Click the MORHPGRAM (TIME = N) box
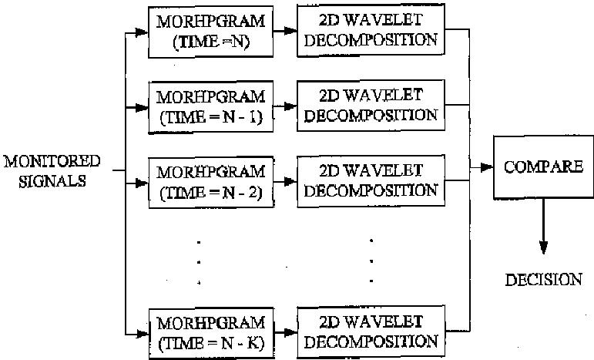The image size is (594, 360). point(210,32)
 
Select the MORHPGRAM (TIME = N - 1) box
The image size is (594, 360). point(210,106)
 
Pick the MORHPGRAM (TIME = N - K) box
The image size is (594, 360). point(210,332)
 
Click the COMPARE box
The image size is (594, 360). point(542,167)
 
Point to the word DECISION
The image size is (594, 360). point(543,279)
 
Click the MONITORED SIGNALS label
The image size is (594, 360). point(52,170)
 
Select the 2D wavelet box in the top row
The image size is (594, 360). point(371,31)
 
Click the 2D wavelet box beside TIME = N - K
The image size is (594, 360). point(371,331)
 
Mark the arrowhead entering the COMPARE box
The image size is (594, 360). point(488,167)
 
